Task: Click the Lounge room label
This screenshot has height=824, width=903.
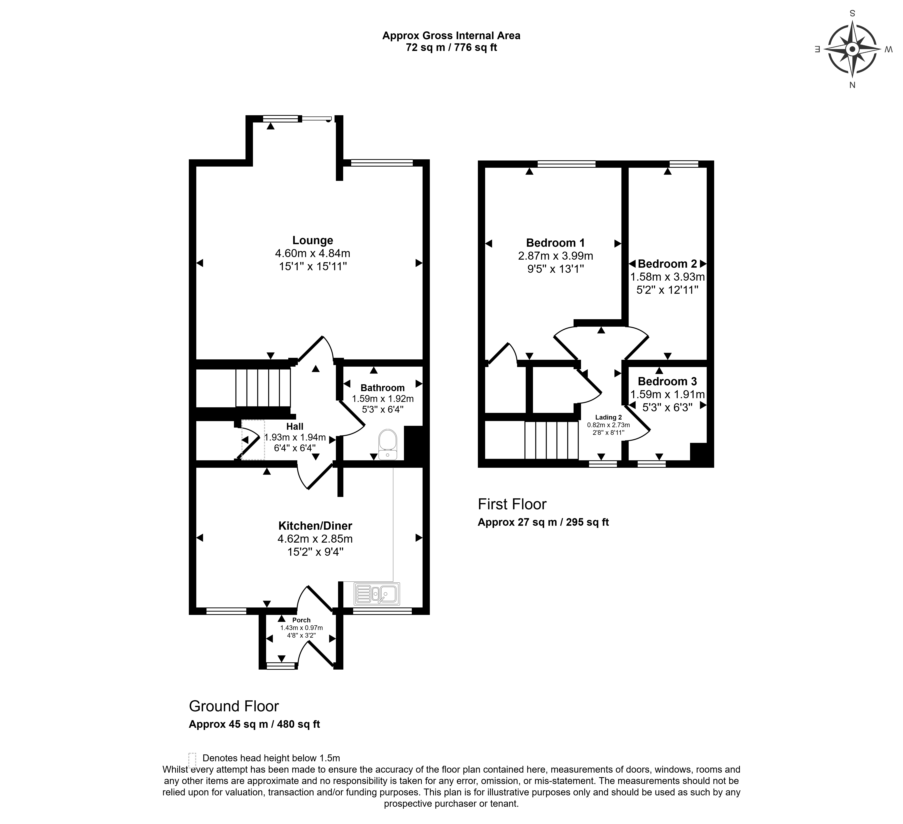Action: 313,240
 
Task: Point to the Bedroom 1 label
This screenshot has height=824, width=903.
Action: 555,243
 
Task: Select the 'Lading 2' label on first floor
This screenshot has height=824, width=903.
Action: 608,417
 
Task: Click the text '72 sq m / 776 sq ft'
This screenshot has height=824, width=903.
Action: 451,47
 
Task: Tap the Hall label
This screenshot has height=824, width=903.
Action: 295,427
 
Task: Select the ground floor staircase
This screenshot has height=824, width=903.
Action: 263,388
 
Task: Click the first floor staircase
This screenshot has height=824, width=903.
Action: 552,440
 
